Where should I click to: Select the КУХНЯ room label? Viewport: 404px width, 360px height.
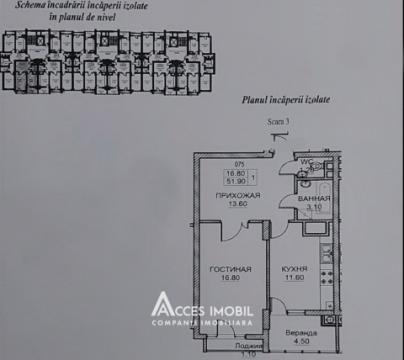pos(294,270)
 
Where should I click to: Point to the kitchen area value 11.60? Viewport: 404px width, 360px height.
pos(294,279)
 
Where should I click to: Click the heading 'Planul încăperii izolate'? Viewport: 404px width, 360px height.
pos(291,99)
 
